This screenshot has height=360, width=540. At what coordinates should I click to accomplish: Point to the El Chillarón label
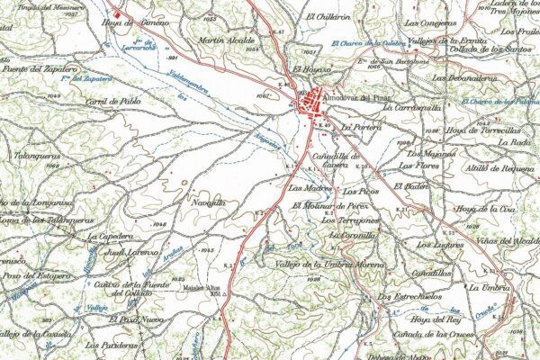pyautogui.click(x=328, y=16)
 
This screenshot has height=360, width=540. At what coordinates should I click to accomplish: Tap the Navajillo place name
pyautogui.click(x=207, y=204)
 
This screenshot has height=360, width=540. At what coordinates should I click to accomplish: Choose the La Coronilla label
pyautogui.click(x=352, y=235)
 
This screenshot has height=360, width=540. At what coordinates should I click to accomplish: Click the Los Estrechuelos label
pyautogui.click(x=409, y=295)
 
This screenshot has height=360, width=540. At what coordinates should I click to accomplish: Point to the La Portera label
pyautogui.click(x=362, y=128)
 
